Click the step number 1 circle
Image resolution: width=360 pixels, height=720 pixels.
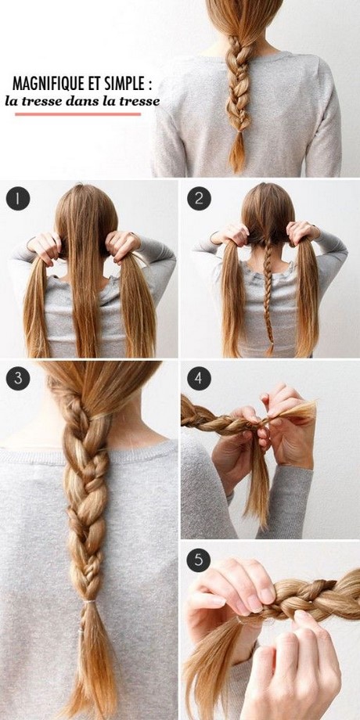pyautogui.click(x=18, y=198)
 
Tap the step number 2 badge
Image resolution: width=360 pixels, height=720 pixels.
pyautogui.click(x=198, y=198)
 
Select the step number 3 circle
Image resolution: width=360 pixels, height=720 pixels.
pyautogui.click(x=18, y=378)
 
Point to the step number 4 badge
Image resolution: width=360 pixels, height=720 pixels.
pyautogui.click(x=198, y=378)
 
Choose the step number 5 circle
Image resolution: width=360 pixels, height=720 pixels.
pyautogui.click(x=198, y=560)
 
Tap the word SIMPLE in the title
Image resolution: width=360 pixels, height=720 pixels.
pyautogui.click(x=125, y=84)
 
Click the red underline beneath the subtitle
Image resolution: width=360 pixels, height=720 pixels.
pyautogui.click(x=77, y=114)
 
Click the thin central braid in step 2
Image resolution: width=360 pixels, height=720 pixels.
pyautogui.click(x=268, y=294)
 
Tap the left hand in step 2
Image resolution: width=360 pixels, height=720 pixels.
pyautogui.click(x=231, y=234)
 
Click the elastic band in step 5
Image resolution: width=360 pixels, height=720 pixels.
pyautogui.click(x=239, y=621)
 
